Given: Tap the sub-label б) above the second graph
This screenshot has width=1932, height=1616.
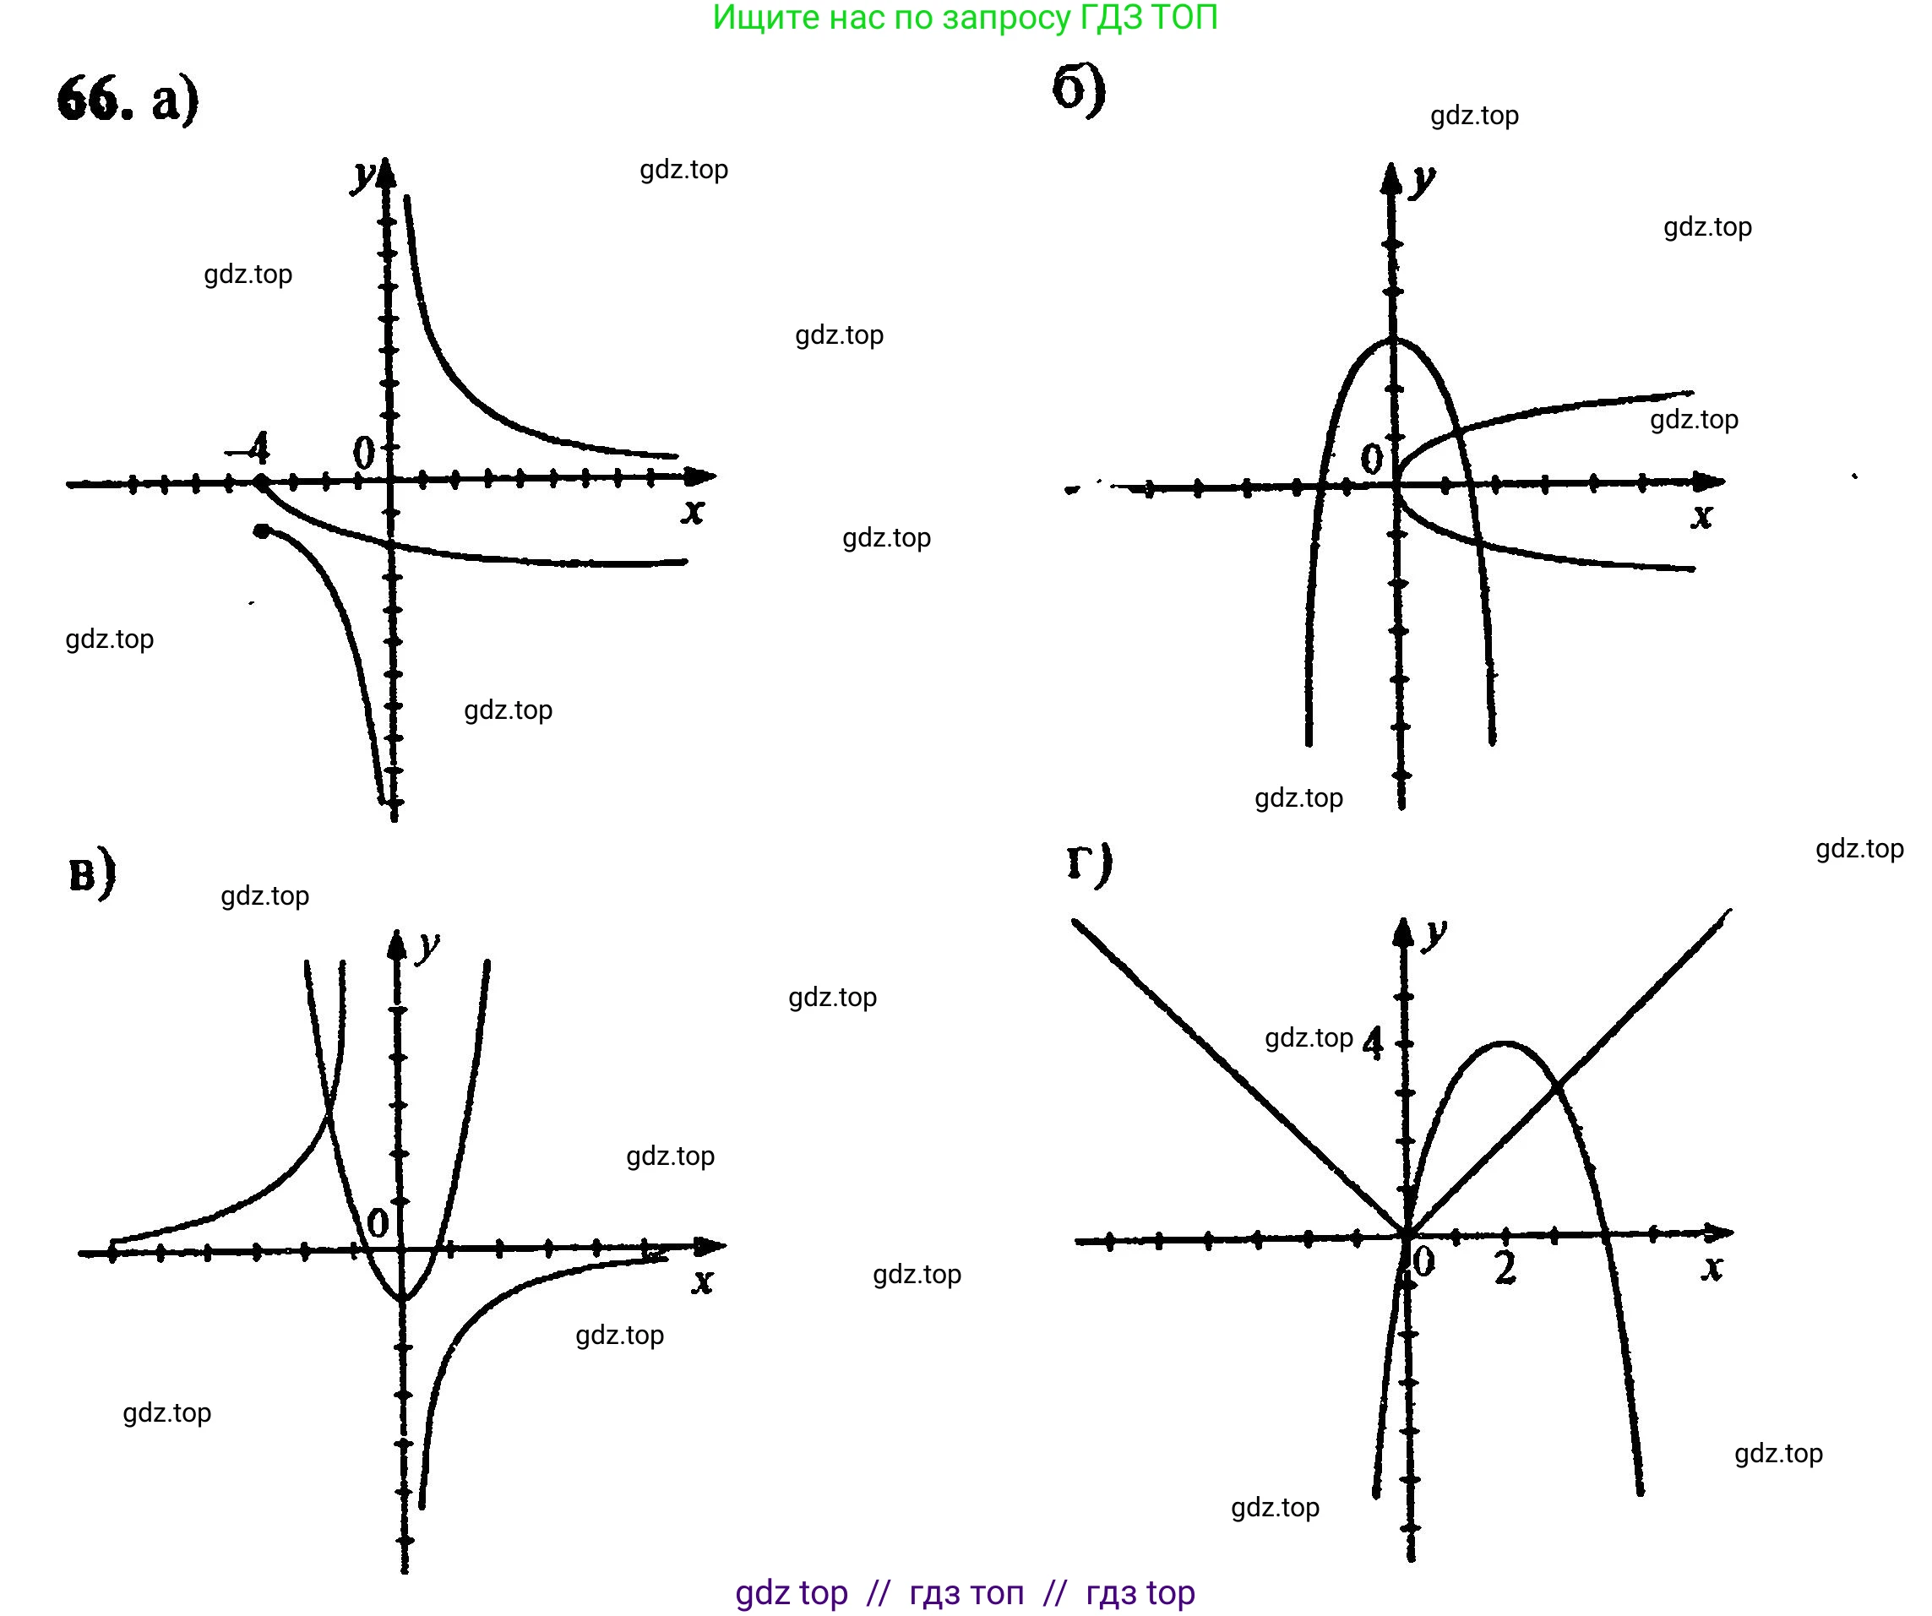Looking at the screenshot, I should [x=1077, y=90].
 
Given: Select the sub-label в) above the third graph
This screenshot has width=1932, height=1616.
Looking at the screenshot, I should [x=92, y=873].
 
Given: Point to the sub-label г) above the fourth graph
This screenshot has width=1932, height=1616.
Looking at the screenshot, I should [x=1089, y=863].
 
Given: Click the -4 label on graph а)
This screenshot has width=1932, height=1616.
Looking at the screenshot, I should [x=248, y=449].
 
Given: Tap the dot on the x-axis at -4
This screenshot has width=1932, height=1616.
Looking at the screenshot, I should [x=260, y=482].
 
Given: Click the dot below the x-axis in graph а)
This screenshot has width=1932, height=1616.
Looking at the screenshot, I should [x=262, y=531].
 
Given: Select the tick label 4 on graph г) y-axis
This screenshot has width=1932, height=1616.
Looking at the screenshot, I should [x=1372, y=1043].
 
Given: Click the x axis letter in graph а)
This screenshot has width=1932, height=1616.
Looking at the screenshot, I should [x=692, y=511].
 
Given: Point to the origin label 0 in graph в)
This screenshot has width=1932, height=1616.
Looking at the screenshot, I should [x=378, y=1223].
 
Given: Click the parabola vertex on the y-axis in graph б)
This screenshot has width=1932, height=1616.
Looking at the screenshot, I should [x=1393, y=340].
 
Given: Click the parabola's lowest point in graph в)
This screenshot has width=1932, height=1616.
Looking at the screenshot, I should [x=403, y=1298].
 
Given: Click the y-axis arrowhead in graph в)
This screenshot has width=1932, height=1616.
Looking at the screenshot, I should [x=396, y=944].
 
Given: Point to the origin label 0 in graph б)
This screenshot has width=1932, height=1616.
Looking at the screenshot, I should [x=1371, y=458].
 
